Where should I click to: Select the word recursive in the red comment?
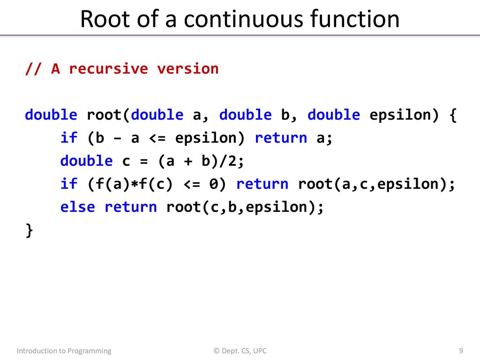pyautogui.click(x=109, y=68)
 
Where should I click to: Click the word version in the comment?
pyautogui.click(x=188, y=68)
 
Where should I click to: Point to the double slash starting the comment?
pyautogui.click(x=33, y=68)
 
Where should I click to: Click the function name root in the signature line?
pyautogui.click(x=105, y=115)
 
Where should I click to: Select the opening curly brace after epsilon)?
pyautogui.click(x=453, y=115)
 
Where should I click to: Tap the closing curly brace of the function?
pyautogui.click(x=29, y=230)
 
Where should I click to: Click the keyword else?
pyautogui.click(x=78, y=207)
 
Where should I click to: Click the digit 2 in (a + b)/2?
pyautogui.click(x=232, y=161)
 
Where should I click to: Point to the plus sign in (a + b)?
pyautogui.click(x=188, y=161)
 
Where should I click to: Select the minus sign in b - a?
pyautogui.click(x=117, y=138)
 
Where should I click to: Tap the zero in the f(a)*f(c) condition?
pyautogui.click(x=213, y=184)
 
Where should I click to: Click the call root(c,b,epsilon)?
pyautogui.click(x=245, y=207)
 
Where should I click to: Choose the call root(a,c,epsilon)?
pyautogui.click(x=376, y=184)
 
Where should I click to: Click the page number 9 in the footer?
pyautogui.click(x=461, y=351)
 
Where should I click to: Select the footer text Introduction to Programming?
pyautogui.click(x=64, y=351)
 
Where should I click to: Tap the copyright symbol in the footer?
pyautogui.click(x=217, y=351)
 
